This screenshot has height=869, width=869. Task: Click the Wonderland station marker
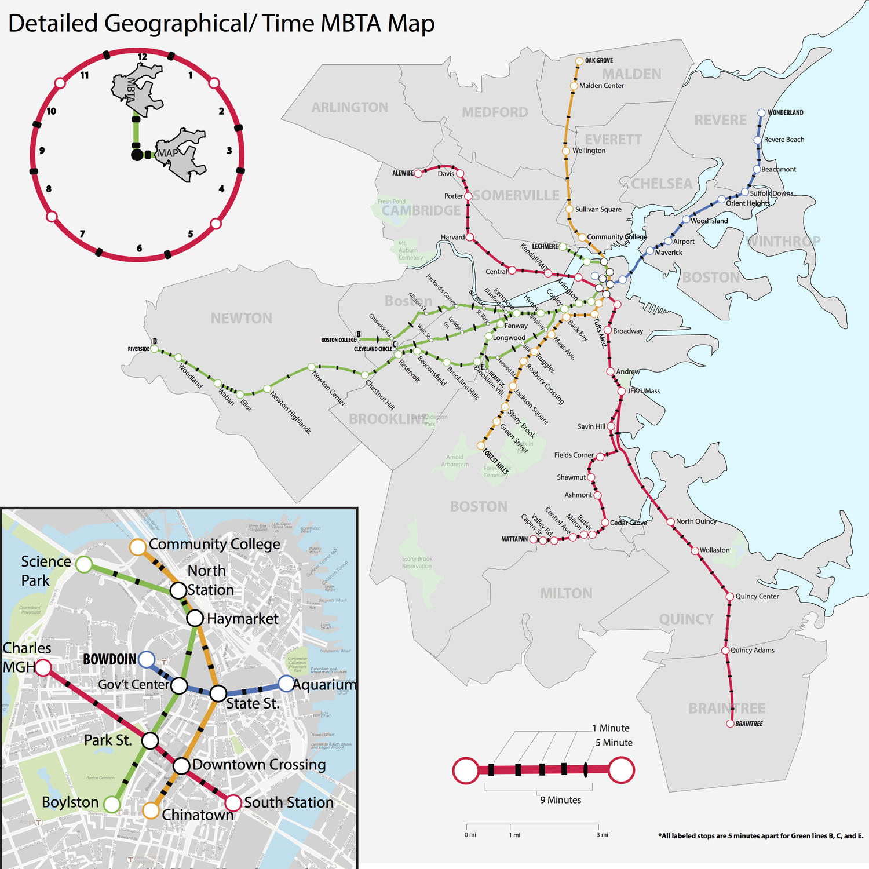coord(761,113)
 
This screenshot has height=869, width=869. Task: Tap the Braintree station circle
coord(730,724)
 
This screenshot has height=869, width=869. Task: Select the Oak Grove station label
coord(598,60)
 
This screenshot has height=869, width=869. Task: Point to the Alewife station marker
coord(418,173)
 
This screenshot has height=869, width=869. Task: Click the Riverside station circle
coord(154,349)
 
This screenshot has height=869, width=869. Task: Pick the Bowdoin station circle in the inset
coord(147,659)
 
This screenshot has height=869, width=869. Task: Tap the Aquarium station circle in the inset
coord(286,684)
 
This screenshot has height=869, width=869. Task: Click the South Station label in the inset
coord(289,802)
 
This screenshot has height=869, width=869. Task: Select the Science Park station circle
coord(84,564)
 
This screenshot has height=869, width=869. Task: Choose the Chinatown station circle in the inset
coord(151,810)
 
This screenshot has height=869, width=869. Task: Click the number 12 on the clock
coord(142,57)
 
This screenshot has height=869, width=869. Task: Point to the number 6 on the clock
coord(139,249)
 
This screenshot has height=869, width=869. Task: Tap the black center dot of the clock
coord(137,155)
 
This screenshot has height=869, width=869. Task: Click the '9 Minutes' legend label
coord(560,800)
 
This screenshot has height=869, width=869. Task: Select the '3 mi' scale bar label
coord(602,835)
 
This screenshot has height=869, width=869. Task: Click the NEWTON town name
coord(241,318)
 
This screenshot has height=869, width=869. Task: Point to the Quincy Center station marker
coord(730,596)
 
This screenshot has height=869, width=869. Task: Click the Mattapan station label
coord(514,539)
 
